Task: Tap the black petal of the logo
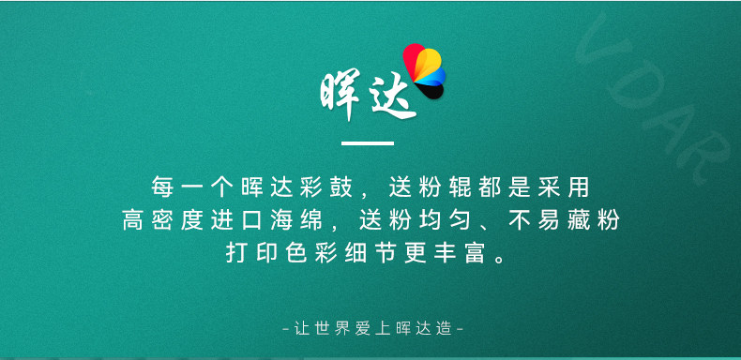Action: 430,91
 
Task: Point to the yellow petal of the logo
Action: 428,63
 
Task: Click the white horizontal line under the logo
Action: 367,143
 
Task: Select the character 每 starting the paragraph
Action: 162,187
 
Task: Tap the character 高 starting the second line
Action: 133,220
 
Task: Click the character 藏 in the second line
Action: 579,220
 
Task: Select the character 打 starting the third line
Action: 236,254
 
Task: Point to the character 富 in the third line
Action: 475,254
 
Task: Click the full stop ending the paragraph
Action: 500,259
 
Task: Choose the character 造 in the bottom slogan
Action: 444,328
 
